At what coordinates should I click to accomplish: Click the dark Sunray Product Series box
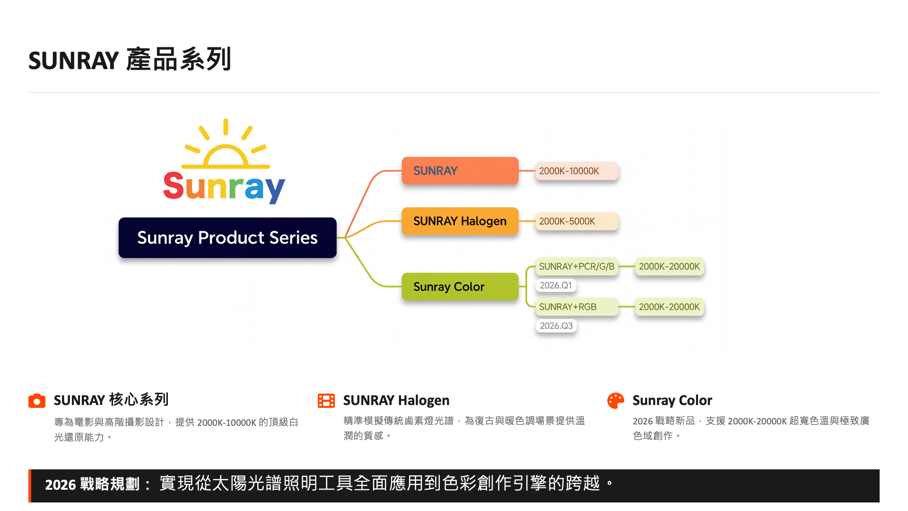[x=227, y=238]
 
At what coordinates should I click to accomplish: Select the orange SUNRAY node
[x=460, y=171]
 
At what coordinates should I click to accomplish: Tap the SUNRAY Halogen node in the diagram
[x=460, y=221]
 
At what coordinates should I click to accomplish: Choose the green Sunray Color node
[x=460, y=286]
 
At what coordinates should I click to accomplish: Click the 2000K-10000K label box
[x=577, y=171]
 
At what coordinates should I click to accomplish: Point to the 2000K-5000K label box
[x=577, y=221]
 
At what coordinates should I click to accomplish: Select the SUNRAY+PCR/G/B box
[x=577, y=266]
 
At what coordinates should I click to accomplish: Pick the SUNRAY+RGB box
[x=577, y=307]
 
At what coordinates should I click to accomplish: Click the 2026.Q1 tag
[x=556, y=285]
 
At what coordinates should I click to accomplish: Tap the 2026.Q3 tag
[x=556, y=326]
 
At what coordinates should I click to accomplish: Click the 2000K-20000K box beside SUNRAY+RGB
[x=670, y=307]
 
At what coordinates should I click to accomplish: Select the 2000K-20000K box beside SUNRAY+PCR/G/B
[x=670, y=266]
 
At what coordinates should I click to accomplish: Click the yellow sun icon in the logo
[x=226, y=144]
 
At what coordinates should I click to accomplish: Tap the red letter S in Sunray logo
[x=173, y=185]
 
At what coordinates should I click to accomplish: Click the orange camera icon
[x=37, y=401]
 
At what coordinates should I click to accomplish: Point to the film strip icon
[x=326, y=401]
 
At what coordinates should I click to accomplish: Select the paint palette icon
[x=616, y=401]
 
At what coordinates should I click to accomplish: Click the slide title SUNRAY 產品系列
[x=130, y=60]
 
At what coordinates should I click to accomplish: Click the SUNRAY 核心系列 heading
[x=111, y=400]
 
